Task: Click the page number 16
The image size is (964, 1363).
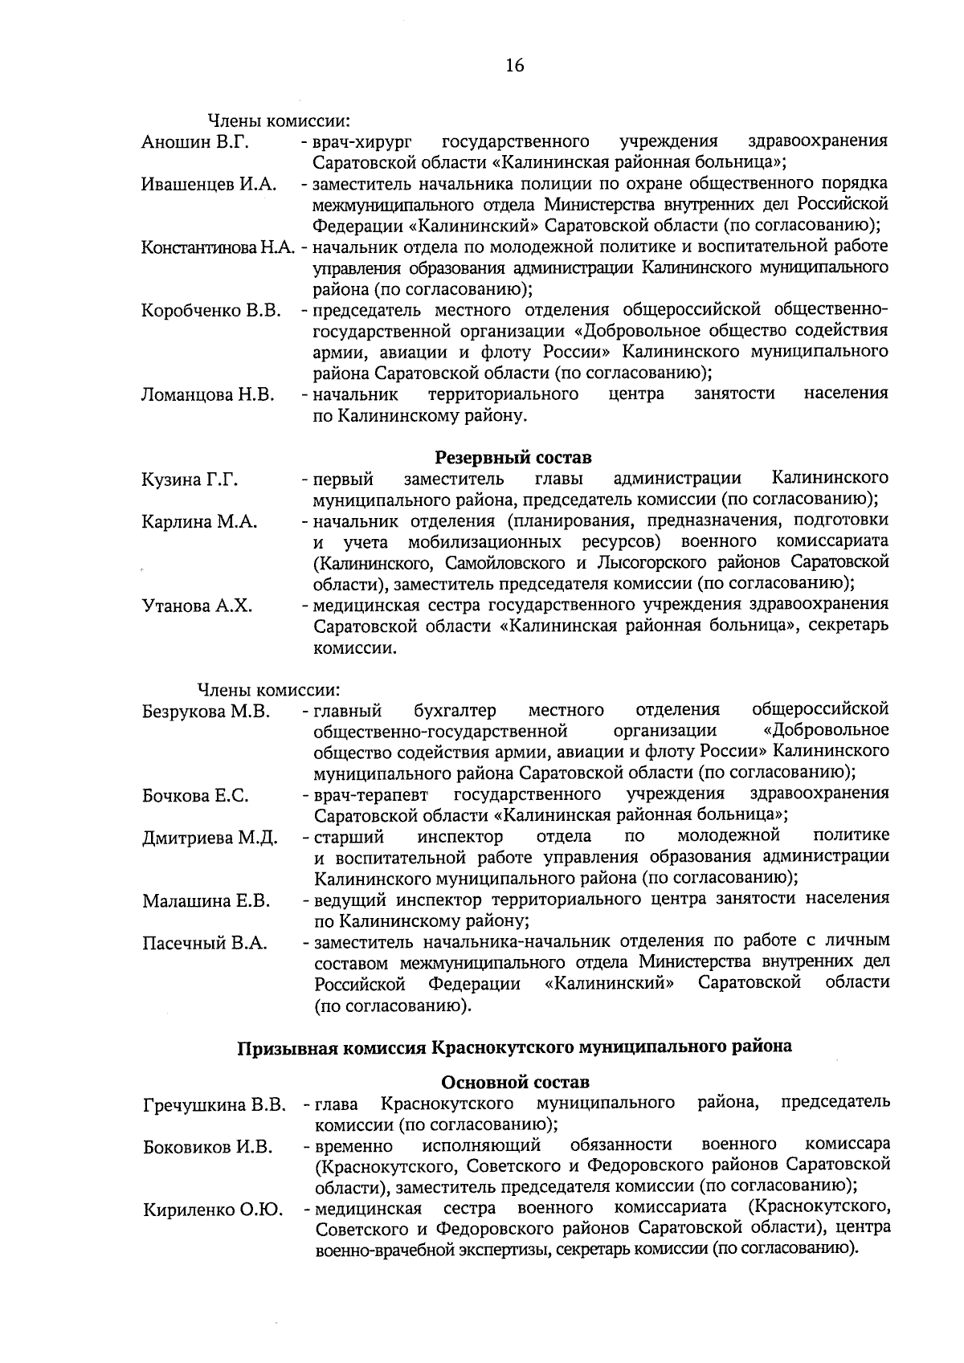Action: click(515, 66)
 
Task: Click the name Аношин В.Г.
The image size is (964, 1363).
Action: click(195, 142)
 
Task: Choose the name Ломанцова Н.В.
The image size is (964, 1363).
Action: click(207, 394)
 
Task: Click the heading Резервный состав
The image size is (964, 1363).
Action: click(513, 458)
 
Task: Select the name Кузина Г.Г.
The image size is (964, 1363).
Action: click(190, 480)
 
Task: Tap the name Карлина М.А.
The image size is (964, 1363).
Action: click(199, 522)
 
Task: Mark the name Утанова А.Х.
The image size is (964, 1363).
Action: click(197, 606)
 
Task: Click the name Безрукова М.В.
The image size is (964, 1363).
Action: click(206, 712)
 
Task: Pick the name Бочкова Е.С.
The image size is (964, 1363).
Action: click(195, 796)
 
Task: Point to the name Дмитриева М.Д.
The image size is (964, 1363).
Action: click(210, 839)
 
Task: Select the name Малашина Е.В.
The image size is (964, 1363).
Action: click(206, 901)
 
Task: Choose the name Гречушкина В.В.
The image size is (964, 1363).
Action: click(214, 1105)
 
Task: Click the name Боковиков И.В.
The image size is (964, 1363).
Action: click(207, 1146)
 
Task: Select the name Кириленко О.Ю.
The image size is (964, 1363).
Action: click(212, 1210)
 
